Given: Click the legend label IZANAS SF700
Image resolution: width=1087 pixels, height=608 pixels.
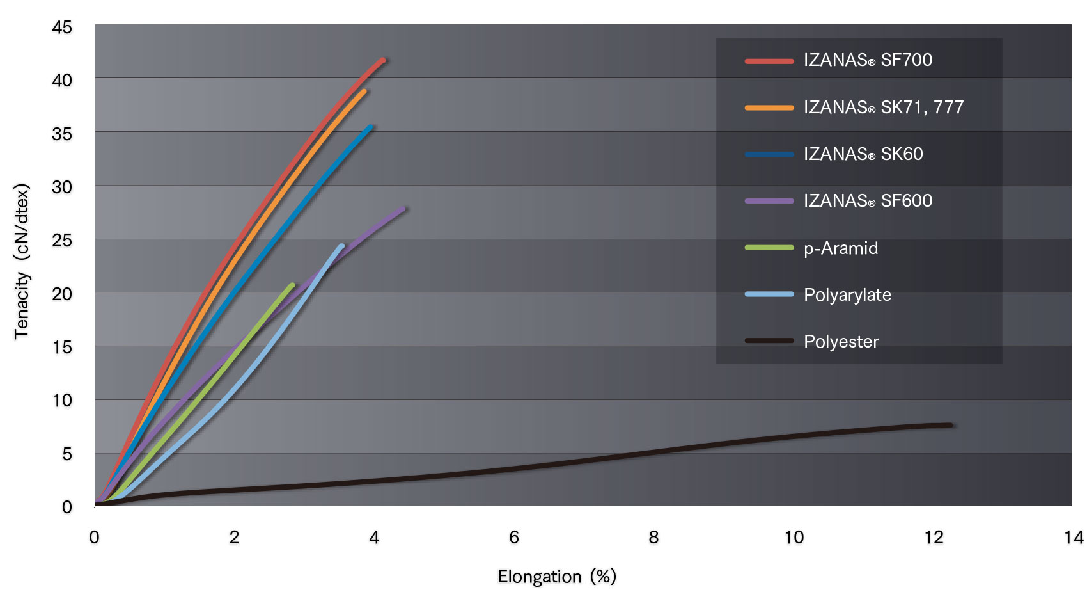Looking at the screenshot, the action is (868, 60).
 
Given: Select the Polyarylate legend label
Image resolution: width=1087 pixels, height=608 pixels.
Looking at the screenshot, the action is (847, 295).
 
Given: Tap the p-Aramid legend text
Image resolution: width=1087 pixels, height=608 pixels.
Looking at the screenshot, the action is (841, 248).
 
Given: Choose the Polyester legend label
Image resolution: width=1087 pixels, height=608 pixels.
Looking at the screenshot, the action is (841, 341).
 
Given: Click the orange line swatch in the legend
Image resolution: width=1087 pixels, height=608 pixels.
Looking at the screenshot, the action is (769, 108).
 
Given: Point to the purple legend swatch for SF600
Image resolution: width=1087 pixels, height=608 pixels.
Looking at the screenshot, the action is (769, 201).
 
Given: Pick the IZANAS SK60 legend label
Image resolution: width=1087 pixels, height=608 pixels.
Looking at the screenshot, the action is (863, 154).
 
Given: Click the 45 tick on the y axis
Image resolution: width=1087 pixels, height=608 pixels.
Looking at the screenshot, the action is (62, 28).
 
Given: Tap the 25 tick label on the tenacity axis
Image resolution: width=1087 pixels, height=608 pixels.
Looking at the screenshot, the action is (62, 241).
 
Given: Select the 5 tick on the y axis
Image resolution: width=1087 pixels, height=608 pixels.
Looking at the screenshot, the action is (67, 454).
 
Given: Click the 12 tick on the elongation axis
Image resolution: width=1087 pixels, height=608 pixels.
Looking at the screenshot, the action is (933, 538).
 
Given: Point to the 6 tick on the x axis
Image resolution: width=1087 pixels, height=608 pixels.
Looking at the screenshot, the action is (514, 538).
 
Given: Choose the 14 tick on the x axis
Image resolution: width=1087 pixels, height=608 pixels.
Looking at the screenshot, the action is (1074, 538).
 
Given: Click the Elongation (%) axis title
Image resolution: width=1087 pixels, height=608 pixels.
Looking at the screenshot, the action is (556, 577).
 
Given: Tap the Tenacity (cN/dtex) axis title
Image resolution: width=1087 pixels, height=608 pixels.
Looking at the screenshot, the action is (22, 261).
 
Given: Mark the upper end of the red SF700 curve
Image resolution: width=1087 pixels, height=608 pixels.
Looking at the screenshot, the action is (384, 61).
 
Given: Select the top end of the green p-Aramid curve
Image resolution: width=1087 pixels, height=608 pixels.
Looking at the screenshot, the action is (292, 285).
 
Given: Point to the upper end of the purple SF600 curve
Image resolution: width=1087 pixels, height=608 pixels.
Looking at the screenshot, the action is (403, 209).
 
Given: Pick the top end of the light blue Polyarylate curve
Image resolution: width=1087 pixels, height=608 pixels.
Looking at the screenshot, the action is (342, 246).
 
